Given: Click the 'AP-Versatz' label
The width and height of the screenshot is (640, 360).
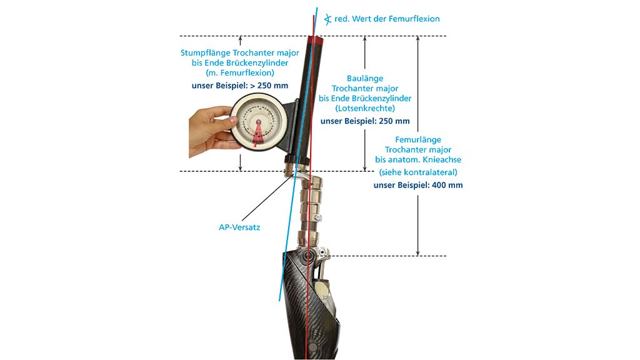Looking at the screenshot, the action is tap(239, 227).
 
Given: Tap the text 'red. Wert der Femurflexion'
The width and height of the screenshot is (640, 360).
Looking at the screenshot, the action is tap(387, 19).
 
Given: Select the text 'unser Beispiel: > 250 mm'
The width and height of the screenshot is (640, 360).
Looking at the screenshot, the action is tap(240, 86).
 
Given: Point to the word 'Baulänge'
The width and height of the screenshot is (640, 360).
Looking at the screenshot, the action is tap(365, 78).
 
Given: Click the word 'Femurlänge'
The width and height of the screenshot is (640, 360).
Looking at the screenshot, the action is tap(418, 139).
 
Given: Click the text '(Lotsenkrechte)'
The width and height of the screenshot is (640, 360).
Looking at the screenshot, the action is tap(365, 108).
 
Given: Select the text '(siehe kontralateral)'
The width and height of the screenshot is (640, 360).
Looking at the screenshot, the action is tap(418, 172).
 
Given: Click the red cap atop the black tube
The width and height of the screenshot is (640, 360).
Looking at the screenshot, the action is tap(315, 40).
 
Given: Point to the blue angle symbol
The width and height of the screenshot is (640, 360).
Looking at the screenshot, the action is tap(327, 19).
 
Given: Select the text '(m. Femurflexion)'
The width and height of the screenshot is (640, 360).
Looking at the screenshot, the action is tap(240, 72).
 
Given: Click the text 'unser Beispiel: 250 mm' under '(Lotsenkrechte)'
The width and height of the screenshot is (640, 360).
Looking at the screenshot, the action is tap(365, 121).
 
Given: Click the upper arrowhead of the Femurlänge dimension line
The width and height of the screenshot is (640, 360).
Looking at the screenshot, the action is tap(417, 39).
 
